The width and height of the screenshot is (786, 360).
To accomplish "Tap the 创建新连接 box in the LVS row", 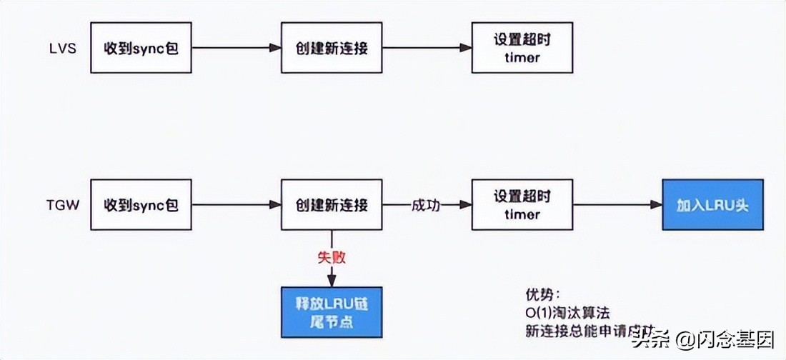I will coord(332,47).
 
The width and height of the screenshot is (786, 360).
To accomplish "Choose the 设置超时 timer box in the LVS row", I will coord(522,47).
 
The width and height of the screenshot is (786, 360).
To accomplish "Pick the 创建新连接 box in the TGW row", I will coord(332,205).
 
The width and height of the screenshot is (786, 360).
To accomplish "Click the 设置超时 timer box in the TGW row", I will coord(522,205).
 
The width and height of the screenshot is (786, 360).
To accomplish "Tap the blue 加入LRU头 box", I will coord(712,205).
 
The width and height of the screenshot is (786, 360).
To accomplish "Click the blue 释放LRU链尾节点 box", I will coord(332,311).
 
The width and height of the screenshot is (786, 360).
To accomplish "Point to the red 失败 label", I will coord(332,257).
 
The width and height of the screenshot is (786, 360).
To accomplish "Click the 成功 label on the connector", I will coord(426,206).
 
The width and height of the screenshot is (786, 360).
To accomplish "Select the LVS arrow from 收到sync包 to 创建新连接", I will coord(236,48).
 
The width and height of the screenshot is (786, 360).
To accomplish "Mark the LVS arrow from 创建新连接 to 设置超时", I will coord(427,48).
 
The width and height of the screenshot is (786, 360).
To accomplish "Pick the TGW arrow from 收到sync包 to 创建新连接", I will coord(236,206).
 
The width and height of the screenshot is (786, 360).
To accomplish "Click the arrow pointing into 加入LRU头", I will coord(618,206).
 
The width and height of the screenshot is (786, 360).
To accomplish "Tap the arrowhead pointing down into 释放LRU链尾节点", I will coord(332,279).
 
